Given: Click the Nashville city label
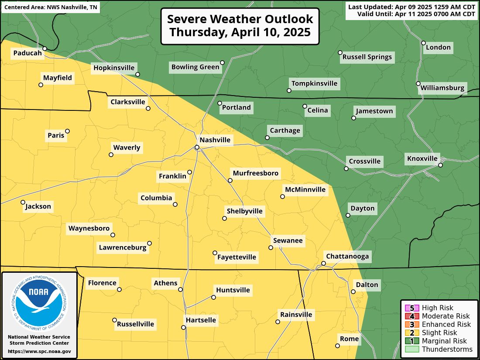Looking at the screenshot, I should coord(215,140).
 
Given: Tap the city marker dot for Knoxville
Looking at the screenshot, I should coord(441,165).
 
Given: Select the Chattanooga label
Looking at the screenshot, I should coord(347,256).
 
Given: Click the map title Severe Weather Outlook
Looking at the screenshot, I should coord(240,19).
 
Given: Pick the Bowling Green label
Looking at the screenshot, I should coord(195,67).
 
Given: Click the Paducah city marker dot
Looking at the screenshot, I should coord(45,48).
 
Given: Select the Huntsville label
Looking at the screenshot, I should coord(233,290).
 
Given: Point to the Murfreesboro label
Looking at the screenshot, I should coord(255,173).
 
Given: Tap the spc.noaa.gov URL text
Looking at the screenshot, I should coord(39,351).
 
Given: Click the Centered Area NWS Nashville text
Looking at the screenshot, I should coord(51,8).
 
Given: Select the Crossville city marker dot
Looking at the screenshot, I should coord(346,168).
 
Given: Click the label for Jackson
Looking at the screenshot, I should coord(38,206).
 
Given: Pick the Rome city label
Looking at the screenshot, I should coord(349,339).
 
